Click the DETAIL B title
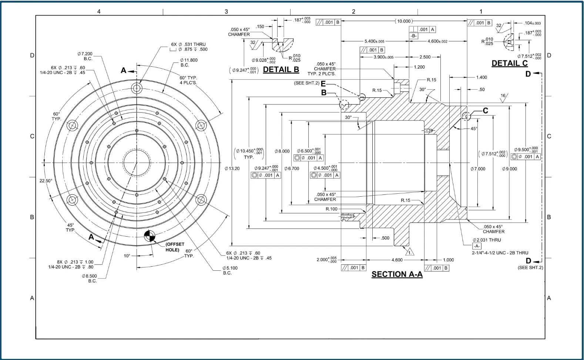(281, 70)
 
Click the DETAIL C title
(510, 63)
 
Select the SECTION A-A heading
(397, 274)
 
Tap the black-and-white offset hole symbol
(150, 236)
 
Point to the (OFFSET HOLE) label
(175, 247)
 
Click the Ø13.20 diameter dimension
(232, 169)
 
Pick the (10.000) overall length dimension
(404, 21)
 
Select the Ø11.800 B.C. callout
(189, 63)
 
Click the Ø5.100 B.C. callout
(230, 270)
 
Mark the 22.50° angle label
(46, 181)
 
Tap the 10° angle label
(127, 256)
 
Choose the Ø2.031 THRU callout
(487, 240)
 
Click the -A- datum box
(477, 246)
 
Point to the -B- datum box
(413, 36)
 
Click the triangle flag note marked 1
(410, 252)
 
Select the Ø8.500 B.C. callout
(89, 279)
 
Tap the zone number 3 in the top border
(226, 11)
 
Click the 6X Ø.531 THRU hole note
(188, 47)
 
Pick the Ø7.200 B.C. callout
(85, 56)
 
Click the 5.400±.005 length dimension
(375, 41)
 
